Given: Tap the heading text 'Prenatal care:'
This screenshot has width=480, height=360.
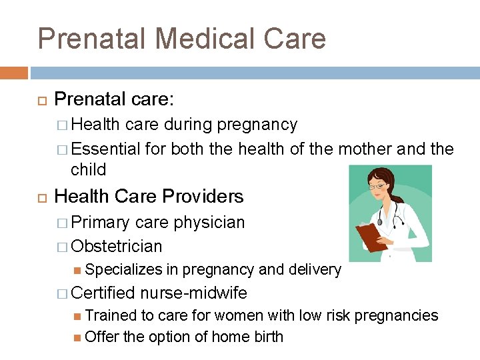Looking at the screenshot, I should pos(114,100).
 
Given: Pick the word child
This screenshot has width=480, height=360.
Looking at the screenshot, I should pos(89,169).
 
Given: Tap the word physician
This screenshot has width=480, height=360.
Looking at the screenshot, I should pos(209,222).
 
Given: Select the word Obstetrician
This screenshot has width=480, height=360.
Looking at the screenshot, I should pos(117,246).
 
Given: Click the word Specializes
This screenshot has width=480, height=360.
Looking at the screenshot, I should pos(124,269).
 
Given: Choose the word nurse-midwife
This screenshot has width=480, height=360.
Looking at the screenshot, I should pos(194,293).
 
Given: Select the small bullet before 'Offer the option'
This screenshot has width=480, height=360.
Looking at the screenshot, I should pos(79,337).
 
